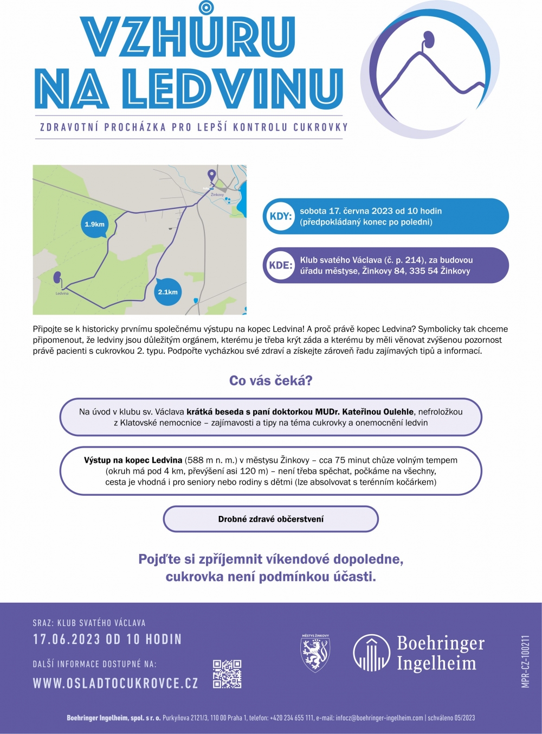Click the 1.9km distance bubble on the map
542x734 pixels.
pyautogui.click(x=94, y=224)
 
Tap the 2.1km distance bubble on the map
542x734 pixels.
pyautogui.click(x=167, y=292)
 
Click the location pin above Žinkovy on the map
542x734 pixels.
pyautogui.click(x=212, y=175)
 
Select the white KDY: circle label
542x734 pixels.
pyautogui.click(x=280, y=216)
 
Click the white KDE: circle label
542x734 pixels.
pyautogui.click(x=280, y=265)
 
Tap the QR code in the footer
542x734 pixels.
pyautogui.click(x=227, y=674)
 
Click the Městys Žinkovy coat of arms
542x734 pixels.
pyautogui.click(x=315, y=653)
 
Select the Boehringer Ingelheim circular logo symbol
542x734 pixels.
pyautogui.click(x=371, y=653)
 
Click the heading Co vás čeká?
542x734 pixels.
pyautogui.click(x=270, y=381)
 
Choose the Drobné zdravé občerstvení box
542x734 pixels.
pyautogui.click(x=270, y=519)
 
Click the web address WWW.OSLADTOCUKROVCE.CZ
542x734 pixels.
pyautogui.click(x=115, y=683)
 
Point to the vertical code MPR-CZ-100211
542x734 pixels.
pyautogui.click(x=525, y=661)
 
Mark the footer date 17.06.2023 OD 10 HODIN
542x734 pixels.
pyautogui.click(x=107, y=639)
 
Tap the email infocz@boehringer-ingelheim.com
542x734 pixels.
pyautogui.click(x=379, y=718)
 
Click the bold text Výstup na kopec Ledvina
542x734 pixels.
pyautogui.click(x=133, y=460)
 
